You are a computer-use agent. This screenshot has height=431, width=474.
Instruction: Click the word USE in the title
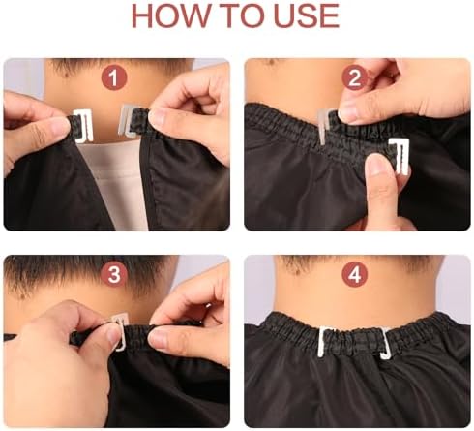tap(307, 16)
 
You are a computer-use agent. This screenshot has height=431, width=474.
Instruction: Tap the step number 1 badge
tap(114, 77)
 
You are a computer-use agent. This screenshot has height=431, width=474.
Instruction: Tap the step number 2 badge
tap(355, 77)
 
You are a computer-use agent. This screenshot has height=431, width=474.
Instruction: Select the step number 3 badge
tap(114, 274)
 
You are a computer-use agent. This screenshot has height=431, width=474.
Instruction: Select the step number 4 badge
tap(355, 274)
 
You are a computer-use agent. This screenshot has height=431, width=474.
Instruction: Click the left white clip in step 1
tap(84, 126)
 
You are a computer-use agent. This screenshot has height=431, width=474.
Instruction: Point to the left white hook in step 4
tap(322, 342)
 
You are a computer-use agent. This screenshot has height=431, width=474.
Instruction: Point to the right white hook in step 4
tap(384, 345)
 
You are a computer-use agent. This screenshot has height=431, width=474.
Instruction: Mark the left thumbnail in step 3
tap(112, 337)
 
